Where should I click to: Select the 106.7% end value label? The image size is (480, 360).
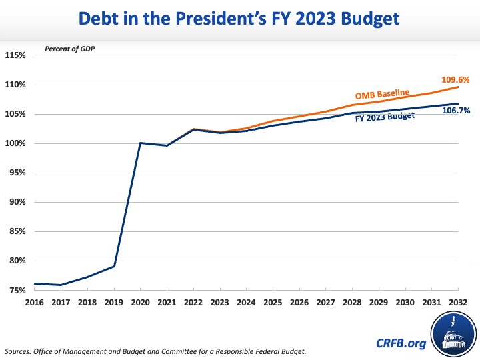pos(457,111)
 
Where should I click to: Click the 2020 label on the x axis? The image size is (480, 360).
pos(139,302)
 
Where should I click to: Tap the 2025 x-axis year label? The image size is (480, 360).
pos(272,302)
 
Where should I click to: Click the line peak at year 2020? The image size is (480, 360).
pos(140,143)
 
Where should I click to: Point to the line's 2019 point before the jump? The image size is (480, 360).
pos(113,267)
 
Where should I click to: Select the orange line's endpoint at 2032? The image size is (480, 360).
pos(458,87)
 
